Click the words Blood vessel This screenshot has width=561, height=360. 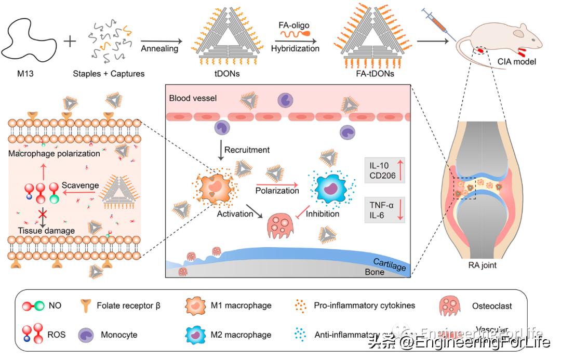click(193, 98)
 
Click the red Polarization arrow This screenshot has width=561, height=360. click(277, 183)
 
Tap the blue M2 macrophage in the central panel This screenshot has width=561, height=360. click(332, 187)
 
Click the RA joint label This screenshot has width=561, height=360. click(482, 266)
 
